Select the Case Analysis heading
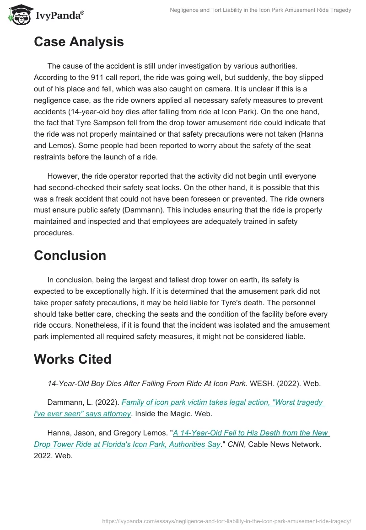79,42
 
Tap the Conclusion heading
70,255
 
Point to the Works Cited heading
73,359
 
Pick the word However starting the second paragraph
64,177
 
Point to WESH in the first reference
262,384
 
